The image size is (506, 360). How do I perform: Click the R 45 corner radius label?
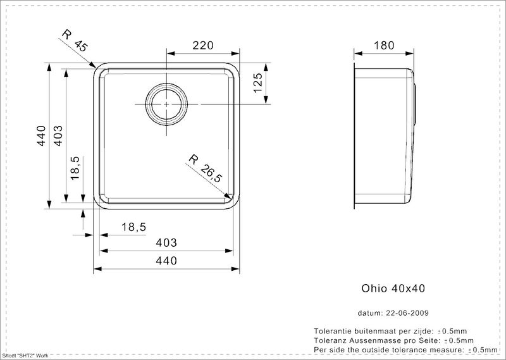point(75,40)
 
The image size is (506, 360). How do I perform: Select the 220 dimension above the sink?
point(203,46)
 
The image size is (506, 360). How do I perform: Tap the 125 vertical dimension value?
point(258,83)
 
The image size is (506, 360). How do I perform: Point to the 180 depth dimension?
point(384,46)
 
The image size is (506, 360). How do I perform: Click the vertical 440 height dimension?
point(42,135)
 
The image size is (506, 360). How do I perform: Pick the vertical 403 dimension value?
point(58,135)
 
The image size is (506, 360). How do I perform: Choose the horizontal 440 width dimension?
point(166,261)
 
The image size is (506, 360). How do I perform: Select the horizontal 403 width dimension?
point(166,242)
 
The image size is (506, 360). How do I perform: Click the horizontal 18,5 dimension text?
point(134,227)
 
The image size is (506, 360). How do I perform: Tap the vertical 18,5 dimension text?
point(75,168)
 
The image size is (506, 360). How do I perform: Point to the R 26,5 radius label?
point(205,168)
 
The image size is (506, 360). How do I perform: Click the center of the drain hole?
point(166,104)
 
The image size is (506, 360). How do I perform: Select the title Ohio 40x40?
point(393,289)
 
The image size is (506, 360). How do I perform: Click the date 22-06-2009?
point(407,313)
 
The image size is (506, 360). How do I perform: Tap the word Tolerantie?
point(333,331)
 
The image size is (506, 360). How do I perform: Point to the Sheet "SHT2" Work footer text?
point(25,356)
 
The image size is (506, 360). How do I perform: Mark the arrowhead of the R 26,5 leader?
point(230,198)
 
